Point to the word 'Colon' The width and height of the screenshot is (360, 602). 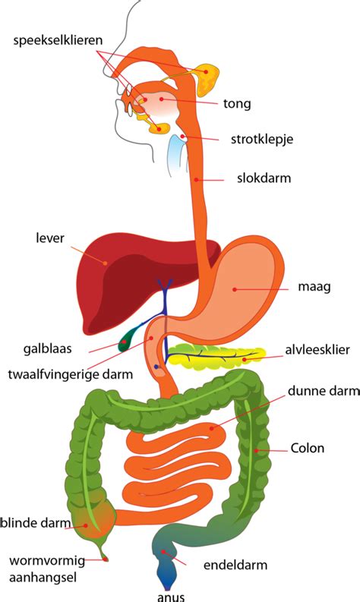pyautogui.click(x=307, y=448)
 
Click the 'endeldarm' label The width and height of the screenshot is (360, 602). pyautogui.click(x=235, y=565)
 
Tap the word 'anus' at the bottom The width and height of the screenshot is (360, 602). pyautogui.click(x=170, y=595)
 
